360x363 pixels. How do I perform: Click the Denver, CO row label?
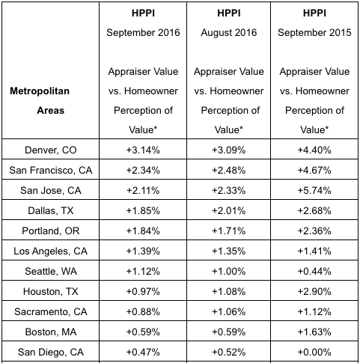51,150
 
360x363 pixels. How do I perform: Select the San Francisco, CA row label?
51,171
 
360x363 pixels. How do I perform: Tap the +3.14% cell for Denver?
143,150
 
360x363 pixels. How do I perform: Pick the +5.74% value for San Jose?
314,191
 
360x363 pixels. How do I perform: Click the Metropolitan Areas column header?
40,101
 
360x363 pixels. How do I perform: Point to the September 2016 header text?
143,33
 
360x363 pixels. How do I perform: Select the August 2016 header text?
229,33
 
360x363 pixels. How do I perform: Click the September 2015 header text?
314,33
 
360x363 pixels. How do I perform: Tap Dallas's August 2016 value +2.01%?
229,211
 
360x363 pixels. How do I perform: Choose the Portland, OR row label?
51,231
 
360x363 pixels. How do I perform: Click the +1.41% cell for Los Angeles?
314,251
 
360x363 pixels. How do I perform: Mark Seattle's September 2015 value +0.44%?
314,272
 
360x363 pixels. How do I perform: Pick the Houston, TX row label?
51,292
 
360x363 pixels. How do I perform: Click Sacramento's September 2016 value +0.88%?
143,312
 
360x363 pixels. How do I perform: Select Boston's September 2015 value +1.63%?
314,332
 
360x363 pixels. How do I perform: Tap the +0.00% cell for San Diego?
314,353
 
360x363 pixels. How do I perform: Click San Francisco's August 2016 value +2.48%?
229,171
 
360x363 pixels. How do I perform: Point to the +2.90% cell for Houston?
314,292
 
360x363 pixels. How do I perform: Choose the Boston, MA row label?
51,332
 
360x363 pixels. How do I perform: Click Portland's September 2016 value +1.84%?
143,231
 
